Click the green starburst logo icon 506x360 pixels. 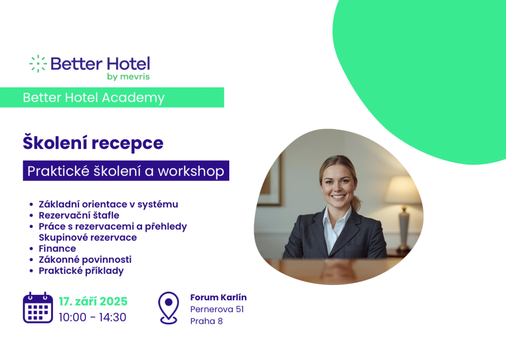coord(38,64)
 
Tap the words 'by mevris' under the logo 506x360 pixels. coord(128,77)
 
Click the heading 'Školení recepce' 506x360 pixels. coord(93,143)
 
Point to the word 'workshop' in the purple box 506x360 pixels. coord(191,171)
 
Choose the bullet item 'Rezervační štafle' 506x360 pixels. coord(79,215)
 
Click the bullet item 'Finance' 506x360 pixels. coord(57,248)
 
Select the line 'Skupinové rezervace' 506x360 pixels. coord(88,238)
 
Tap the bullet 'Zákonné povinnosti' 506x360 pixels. coord(85,260)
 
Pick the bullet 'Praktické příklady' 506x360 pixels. coord(82,271)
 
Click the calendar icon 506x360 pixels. coord(38,308)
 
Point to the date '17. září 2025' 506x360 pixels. coord(93,301)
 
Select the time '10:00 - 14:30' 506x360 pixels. coord(92,317)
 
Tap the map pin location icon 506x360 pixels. coord(169,308)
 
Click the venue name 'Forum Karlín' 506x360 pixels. coord(218,297)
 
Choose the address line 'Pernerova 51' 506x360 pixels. coord(217,309)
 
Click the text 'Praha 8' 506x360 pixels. coord(207,321)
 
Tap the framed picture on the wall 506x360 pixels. coord(270,180)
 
